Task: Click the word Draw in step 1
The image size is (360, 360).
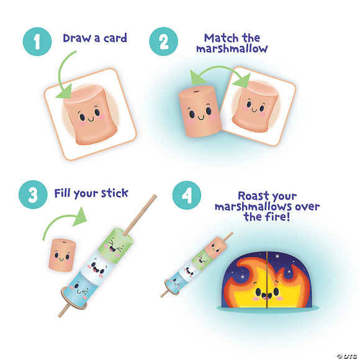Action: [x=76, y=38]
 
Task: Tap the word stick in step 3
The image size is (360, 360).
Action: [x=114, y=193]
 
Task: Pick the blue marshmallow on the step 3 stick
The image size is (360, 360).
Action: [x=81, y=287]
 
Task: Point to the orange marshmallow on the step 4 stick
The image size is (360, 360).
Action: [x=216, y=246]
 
